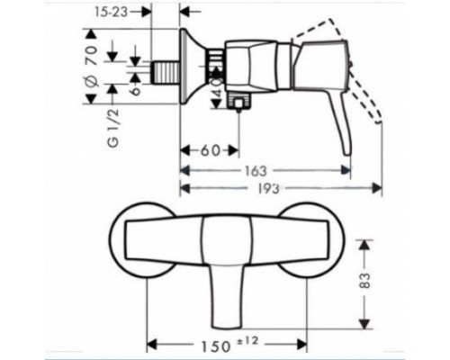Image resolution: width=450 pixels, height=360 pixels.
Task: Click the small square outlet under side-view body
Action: tap(238, 106)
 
